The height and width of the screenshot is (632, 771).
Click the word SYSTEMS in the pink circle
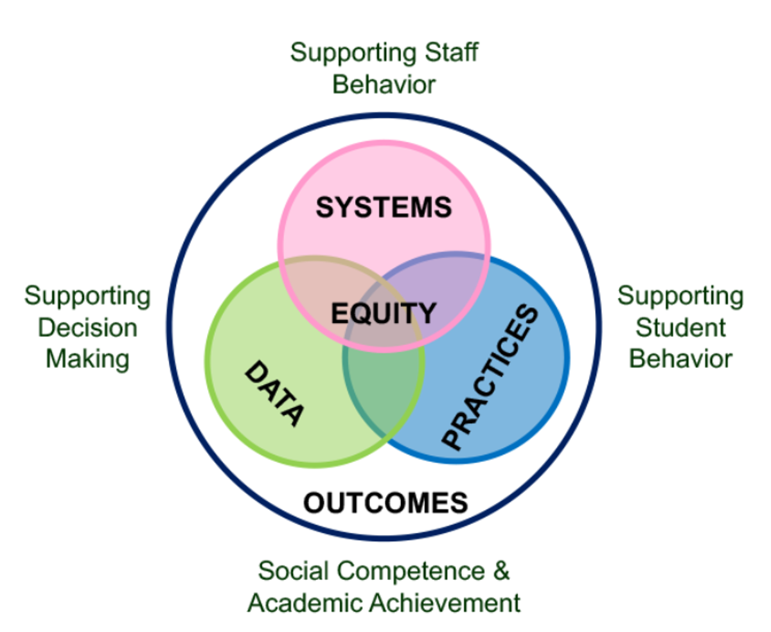click(384, 207)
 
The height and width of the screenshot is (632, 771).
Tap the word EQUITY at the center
click(384, 313)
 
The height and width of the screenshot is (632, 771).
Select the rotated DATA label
click(274, 393)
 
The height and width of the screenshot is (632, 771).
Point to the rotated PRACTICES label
click(490, 377)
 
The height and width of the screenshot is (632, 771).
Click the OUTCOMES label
click(385, 503)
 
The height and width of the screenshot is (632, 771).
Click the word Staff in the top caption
click(451, 52)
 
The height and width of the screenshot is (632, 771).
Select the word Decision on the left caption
click(88, 328)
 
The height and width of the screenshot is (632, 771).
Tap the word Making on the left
click(88, 359)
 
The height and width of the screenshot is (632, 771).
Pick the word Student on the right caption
click(680, 328)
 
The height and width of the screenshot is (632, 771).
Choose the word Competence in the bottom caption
click(411, 571)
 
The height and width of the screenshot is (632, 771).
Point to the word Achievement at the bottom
click(445, 602)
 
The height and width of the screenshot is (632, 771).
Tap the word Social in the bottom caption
click(294, 570)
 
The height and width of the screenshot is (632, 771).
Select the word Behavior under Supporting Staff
click(384, 84)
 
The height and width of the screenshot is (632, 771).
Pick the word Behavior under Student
click(680, 359)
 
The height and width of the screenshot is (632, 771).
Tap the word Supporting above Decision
click(87, 297)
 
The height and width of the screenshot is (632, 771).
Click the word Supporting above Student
click(680, 297)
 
